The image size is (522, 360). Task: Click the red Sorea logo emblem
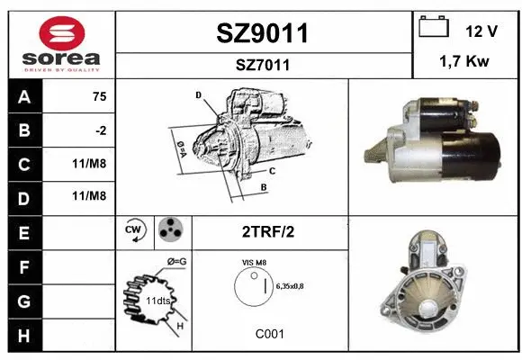[62, 33]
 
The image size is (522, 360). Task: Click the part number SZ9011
[262, 33]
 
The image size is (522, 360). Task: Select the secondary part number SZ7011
[263, 65]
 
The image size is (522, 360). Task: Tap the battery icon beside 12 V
[434, 26]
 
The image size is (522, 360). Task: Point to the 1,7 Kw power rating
[464, 61]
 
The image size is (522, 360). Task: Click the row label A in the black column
[24, 97]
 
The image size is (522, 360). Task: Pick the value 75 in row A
[100, 96]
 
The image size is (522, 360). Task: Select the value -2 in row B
[101, 130]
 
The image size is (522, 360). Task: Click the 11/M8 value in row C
[89, 164]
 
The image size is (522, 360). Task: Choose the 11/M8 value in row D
[89, 196]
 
